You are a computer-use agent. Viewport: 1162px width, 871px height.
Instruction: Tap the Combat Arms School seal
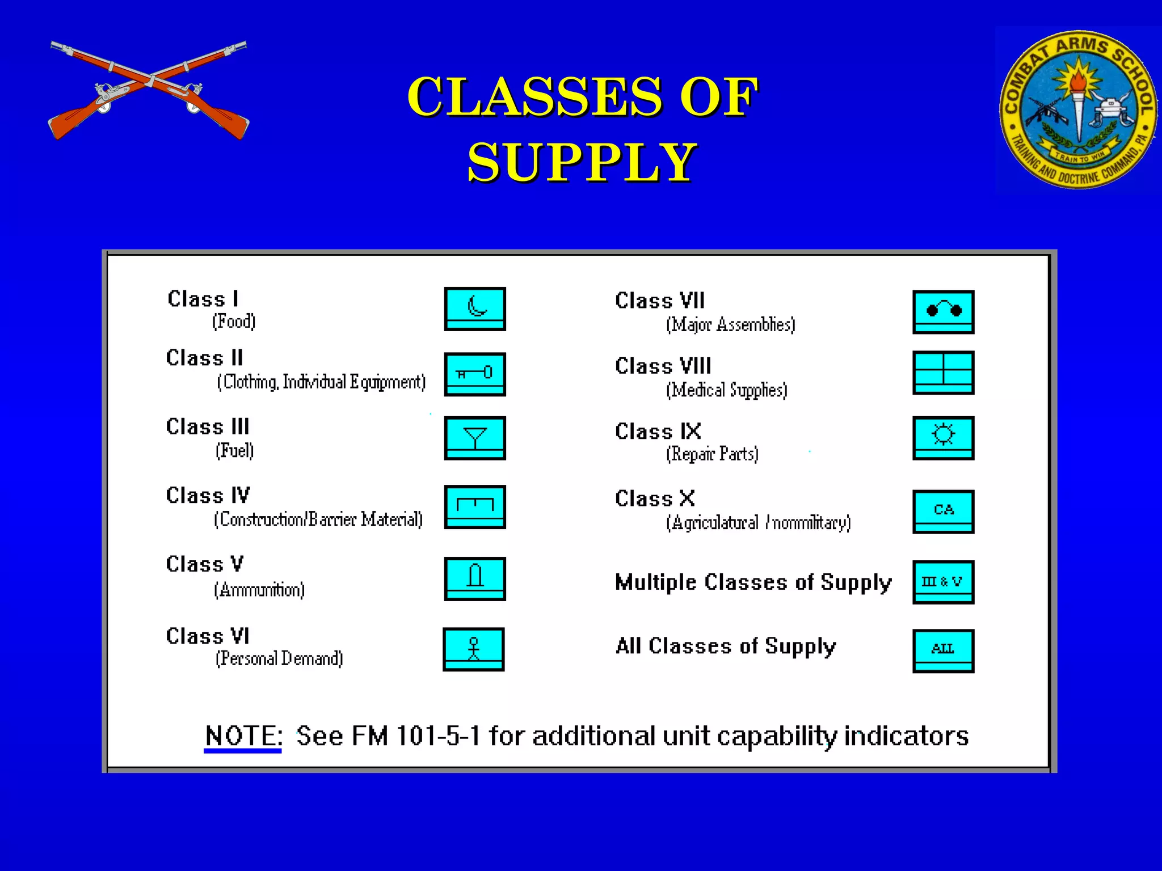pyautogui.click(x=1077, y=109)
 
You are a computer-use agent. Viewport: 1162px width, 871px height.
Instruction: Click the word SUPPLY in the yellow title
pyautogui.click(x=582, y=162)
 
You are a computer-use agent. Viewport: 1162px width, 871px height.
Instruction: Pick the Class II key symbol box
pyautogui.click(x=475, y=374)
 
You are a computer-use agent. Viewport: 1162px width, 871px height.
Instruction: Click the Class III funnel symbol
pyautogui.click(x=475, y=438)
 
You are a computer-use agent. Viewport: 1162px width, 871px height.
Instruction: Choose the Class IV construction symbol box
pyautogui.click(x=475, y=507)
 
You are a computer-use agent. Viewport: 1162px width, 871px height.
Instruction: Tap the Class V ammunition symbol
pyautogui.click(x=475, y=579)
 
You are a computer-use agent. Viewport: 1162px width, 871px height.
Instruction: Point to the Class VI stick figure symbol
pyautogui.click(x=474, y=649)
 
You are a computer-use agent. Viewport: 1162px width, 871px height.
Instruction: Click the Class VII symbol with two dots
pyautogui.click(x=944, y=312)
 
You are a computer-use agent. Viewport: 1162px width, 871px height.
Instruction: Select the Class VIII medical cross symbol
pyautogui.click(x=944, y=373)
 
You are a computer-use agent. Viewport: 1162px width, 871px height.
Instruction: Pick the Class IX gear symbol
pyautogui.click(x=944, y=438)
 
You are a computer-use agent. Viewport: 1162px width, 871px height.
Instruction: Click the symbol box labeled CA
pyautogui.click(x=944, y=511)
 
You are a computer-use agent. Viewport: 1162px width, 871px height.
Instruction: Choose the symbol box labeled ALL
pyautogui.click(x=944, y=651)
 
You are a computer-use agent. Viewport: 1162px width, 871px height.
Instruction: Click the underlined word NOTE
pyautogui.click(x=243, y=736)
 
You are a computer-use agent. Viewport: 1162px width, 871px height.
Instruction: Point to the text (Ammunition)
pyautogui.click(x=259, y=590)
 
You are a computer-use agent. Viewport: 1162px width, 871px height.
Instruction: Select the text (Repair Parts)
pyautogui.click(x=712, y=454)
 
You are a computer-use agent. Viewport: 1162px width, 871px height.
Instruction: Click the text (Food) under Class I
pyautogui.click(x=234, y=322)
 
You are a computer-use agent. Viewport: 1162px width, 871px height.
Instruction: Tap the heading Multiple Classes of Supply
pyautogui.click(x=753, y=583)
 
